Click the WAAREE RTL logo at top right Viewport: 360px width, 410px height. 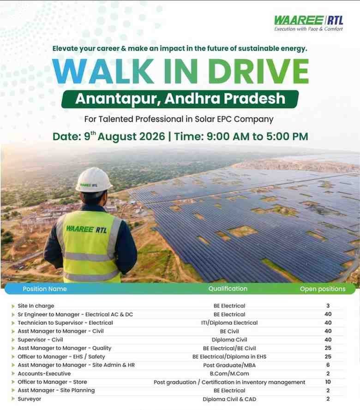(x=308, y=23)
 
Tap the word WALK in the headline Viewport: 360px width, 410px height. (x=102, y=71)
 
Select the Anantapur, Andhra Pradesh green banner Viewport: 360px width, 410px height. (x=180, y=99)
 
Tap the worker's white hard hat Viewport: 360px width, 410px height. (x=93, y=180)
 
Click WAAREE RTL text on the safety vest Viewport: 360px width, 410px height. (x=86, y=229)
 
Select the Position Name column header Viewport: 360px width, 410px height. (x=45, y=289)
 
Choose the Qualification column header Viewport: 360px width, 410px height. (x=228, y=288)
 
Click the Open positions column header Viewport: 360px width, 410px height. (x=323, y=289)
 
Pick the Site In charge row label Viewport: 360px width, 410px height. (x=36, y=306)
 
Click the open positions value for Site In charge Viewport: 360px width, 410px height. (x=328, y=305)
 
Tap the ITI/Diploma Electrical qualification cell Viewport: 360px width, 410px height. (x=229, y=323)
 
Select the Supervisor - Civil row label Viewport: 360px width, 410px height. (x=40, y=339)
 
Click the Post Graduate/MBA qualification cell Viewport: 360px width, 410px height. (x=229, y=365)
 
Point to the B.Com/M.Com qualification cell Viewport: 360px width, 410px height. (x=229, y=374)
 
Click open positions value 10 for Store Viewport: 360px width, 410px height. (x=328, y=382)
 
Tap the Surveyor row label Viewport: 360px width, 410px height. (x=29, y=399)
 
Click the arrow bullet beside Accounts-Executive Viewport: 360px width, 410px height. (x=13, y=374)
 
